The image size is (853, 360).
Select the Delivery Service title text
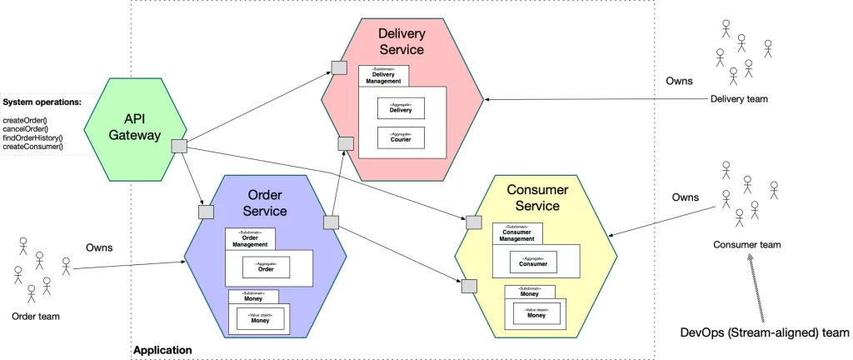(x=402, y=42)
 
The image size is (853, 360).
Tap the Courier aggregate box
(x=400, y=137)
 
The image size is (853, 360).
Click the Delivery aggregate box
(x=400, y=107)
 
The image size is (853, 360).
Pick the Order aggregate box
(x=266, y=267)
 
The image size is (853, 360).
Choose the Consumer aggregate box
(x=533, y=262)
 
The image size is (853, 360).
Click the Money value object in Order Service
(x=261, y=317)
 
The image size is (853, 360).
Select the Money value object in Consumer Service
(x=536, y=313)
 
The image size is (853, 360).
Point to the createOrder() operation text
(x=26, y=121)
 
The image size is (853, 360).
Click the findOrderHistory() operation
(x=32, y=137)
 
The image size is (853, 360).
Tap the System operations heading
(x=42, y=102)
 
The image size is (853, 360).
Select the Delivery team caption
(x=739, y=100)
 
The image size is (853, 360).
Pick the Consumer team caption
(x=747, y=245)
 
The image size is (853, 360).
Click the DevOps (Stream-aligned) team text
(x=764, y=332)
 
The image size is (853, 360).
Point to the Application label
(x=162, y=351)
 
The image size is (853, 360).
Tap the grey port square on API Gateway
(x=178, y=147)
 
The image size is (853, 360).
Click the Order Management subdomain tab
(x=249, y=240)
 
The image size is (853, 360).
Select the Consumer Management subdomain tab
(x=516, y=234)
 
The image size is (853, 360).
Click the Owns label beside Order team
(x=99, y=247)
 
